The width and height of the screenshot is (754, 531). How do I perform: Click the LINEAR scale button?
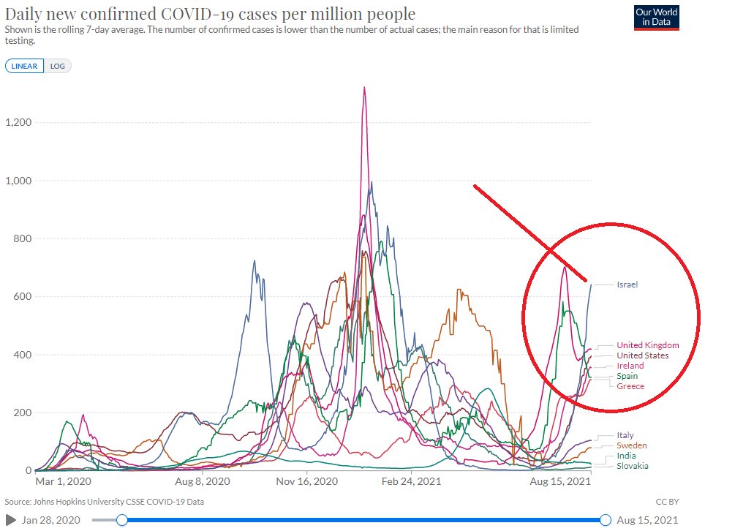point(24,66)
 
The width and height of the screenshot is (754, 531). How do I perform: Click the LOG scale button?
point(57,66)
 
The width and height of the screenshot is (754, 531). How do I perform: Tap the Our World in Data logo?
point(657,18)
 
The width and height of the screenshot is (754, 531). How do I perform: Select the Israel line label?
point(627,284)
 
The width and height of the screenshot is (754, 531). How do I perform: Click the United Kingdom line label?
point(647,345)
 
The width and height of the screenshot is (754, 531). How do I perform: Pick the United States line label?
point(642,355)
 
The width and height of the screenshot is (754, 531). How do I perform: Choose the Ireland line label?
point(630,366)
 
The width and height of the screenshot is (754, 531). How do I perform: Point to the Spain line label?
point(627,376)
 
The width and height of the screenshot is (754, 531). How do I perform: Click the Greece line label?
point(630,386)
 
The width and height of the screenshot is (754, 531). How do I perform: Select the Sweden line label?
point(632,445)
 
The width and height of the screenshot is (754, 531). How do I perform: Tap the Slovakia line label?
point(632,466)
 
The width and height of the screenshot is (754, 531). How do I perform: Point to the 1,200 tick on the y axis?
point(19,122)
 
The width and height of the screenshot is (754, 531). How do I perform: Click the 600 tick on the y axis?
point(23,296)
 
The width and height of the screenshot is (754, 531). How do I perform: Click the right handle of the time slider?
point(606,519)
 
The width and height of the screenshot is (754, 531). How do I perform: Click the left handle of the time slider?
point(122,519)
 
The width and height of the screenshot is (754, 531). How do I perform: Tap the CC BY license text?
point(667,502)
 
